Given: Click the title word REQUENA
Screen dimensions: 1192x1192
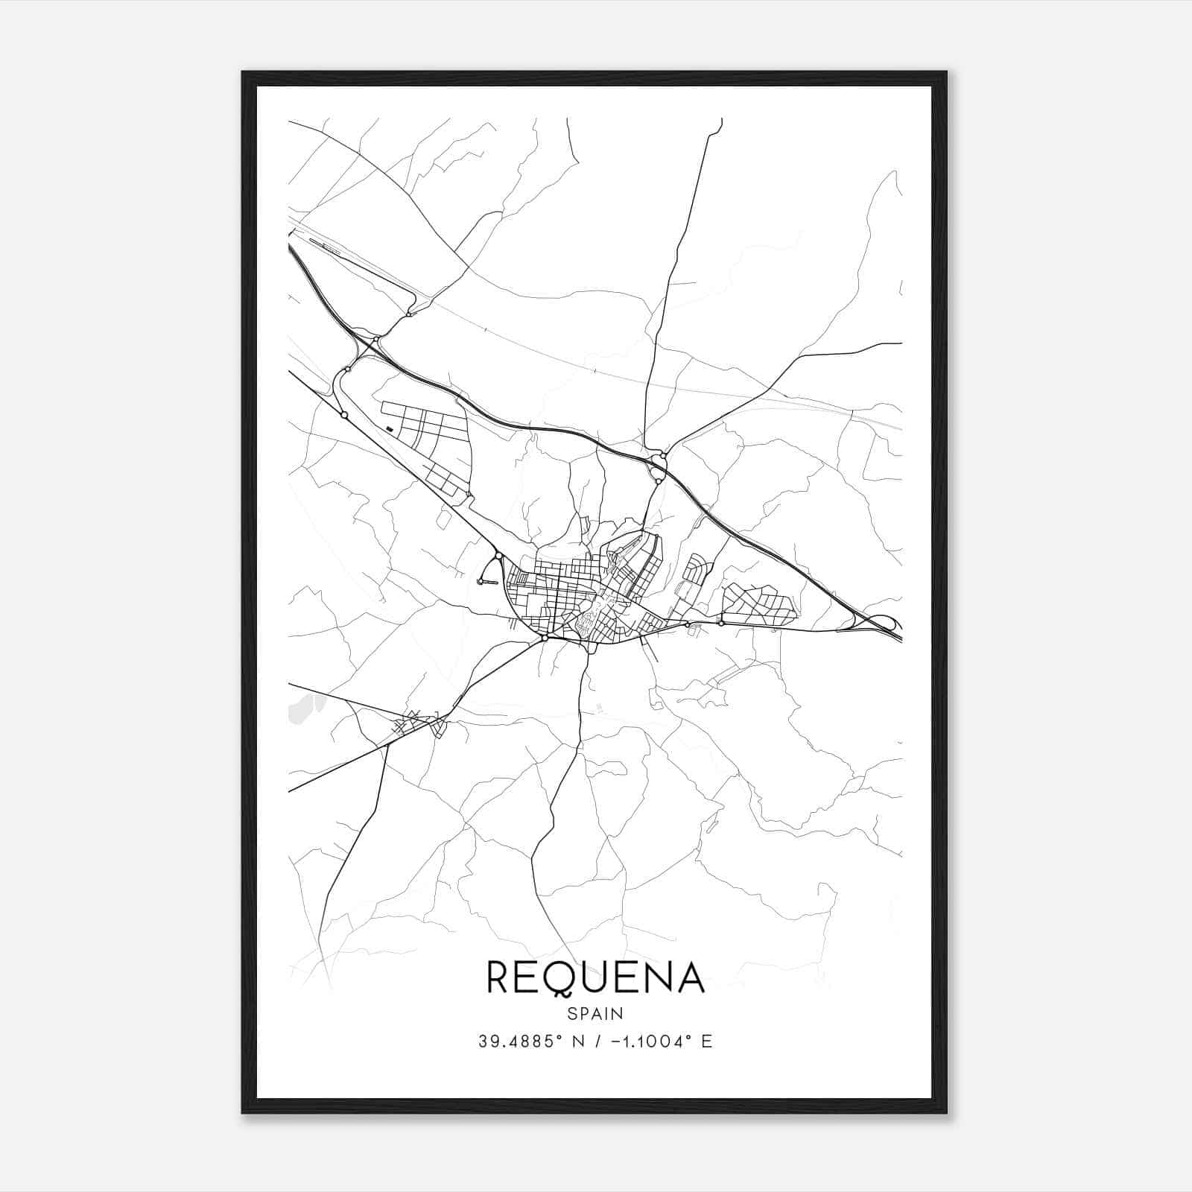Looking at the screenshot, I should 595,977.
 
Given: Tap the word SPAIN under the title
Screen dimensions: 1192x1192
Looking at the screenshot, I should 595,1013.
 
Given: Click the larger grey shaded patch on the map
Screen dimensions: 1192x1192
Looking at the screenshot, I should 305,707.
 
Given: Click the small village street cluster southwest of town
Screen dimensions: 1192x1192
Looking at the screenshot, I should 417,723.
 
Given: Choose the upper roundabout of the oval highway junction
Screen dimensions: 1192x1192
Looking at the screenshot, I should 658,456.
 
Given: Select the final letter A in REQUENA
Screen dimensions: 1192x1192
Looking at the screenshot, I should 690,977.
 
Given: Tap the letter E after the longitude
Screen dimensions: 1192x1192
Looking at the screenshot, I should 706,1042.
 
